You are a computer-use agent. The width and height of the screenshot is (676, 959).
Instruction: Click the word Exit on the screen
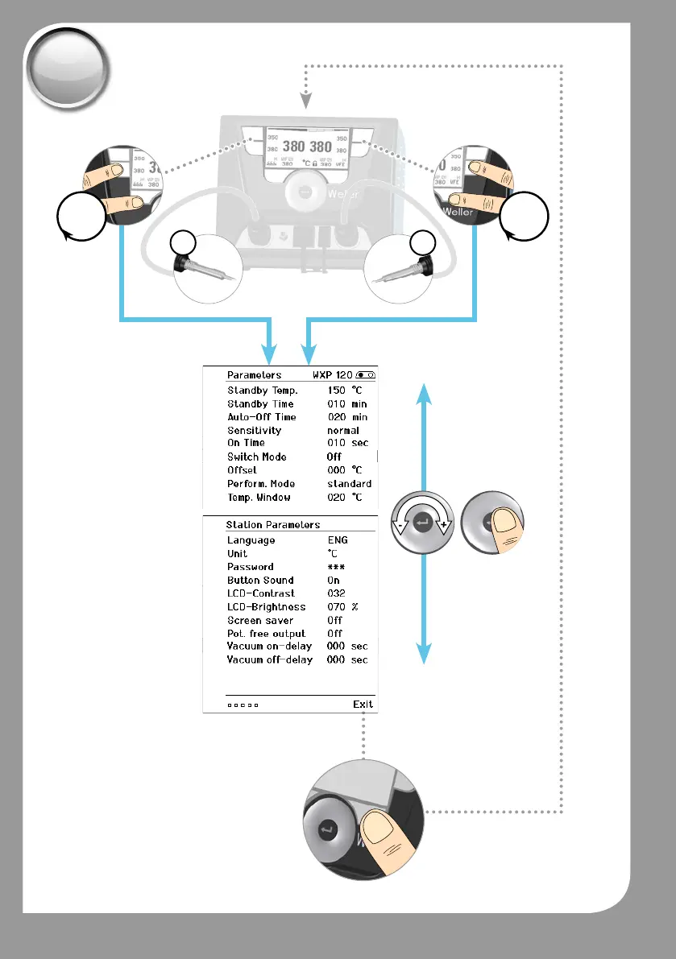[x=363, y=704]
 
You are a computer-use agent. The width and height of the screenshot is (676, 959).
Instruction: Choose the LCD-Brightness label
[x=265, y=606]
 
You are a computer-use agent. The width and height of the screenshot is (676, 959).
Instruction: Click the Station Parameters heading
[x=272, y=525]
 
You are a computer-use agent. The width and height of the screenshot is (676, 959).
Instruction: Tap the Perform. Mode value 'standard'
[x=349, y=484]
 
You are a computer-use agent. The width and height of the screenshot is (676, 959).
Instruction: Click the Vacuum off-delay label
[x=269, y=659]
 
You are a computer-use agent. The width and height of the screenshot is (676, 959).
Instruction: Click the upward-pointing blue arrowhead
[x=425, y=395]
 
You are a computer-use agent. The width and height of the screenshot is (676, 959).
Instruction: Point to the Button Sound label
[x=259, y=580]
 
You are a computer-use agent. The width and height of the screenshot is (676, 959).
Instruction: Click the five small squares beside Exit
[x=243, y=705]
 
